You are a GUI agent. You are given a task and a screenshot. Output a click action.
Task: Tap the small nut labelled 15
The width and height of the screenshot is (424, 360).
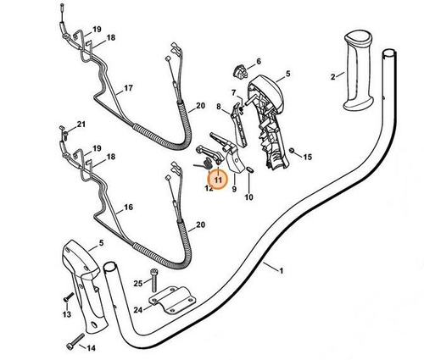tap(292, 153)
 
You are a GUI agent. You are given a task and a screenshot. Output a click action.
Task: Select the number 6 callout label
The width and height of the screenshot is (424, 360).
tap(258, 61)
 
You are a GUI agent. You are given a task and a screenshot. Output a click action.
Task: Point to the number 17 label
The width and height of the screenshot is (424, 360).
tap(129, 87)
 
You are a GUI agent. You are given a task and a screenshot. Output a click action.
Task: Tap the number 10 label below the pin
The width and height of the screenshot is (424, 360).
tap(248, 197)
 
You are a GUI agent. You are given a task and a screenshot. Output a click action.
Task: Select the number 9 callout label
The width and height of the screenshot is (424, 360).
tap(232, 190)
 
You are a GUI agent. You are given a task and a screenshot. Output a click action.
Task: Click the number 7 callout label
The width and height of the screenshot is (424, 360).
tap(233, 91)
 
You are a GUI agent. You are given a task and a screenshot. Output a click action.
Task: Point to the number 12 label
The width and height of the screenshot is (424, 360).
tap(208, 190)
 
